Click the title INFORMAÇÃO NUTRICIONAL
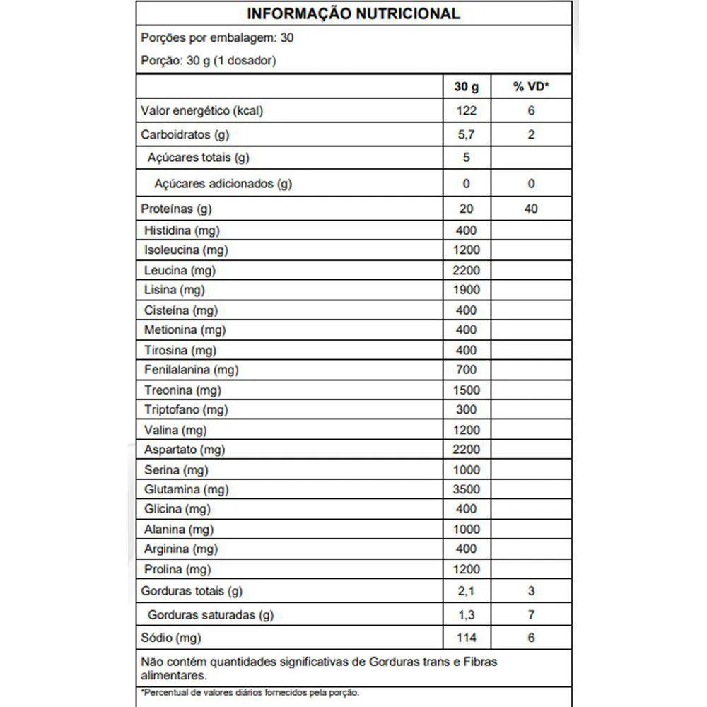[x=353, y=13]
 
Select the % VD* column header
[x=531, y=87]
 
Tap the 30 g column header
[x=466, y=87]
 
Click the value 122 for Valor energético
[x=466, y=110]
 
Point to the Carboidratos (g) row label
[x=185, y=134]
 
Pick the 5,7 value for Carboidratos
[x=466, y=134]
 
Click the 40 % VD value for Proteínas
[x=531, y=209]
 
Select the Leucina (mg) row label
[x=180, y=270]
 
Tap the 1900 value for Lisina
[x=466, y=290]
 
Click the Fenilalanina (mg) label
[x=192, y=370]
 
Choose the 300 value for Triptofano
[x=466, y=409]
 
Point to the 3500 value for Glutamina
[x=466, y=489]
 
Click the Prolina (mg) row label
[x=177, y=569]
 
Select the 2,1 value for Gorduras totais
[x=466, y=591]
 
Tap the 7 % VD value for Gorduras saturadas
[x=531, y=615]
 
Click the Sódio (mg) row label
[x=171, y=638]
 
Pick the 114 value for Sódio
[x=466, y=638]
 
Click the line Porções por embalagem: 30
[x=218, y=37]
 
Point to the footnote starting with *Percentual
[x=250, y=692]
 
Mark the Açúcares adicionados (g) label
[x=223, y=184]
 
